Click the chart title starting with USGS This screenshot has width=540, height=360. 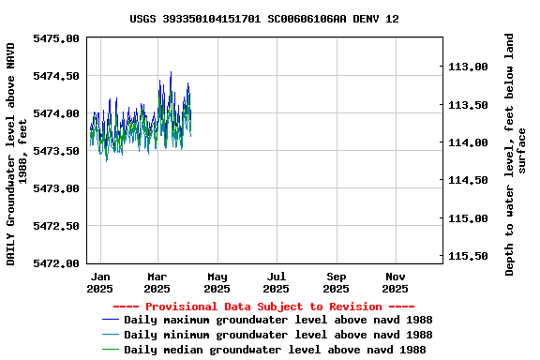click(x=263, y=19)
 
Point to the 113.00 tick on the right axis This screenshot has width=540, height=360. click(x=469, y=67)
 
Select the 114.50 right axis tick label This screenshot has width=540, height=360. click(x=469, y=180)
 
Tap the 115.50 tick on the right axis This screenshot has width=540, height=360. click(x=469, y=256)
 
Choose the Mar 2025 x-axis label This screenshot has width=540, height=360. click(x=157, y=283)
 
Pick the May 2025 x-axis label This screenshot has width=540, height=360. click(x=217, y=283)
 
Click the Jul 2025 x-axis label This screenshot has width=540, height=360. click(x=277, y=283)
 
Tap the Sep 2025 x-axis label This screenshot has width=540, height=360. click(x=337, y=283)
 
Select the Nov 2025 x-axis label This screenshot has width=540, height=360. click(x=396, y=283)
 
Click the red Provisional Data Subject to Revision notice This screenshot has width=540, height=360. click(x=263, y=307)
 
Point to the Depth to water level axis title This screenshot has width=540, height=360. click(x=516, y=155)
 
